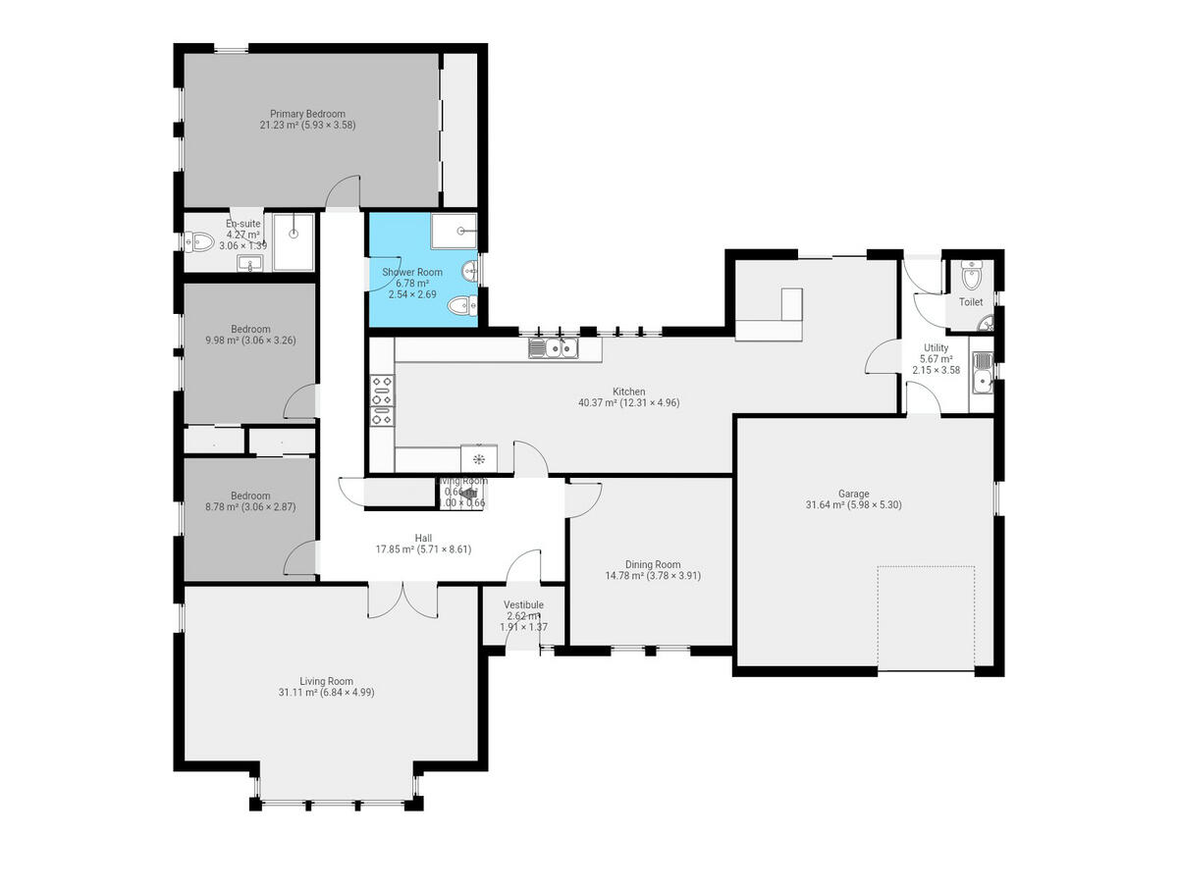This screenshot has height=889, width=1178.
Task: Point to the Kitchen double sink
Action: coord(554,347)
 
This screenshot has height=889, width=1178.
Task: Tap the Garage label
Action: coord(853,494)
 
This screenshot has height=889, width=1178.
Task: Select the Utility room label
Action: coord(936,347)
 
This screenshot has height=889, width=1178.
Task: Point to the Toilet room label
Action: coord(970,302)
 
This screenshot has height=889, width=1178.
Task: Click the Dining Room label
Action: coord(653,564)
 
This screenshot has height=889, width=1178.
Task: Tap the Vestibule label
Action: coord(523,604)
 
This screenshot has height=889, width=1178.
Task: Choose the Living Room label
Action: coord(326,681)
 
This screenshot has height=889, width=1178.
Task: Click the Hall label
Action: coord(423,538)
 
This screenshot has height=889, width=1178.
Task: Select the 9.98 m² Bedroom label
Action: coord(250,329)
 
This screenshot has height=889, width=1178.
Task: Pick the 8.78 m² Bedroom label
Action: coord(250,496)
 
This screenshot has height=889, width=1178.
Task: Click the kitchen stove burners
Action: coord(381,400)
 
